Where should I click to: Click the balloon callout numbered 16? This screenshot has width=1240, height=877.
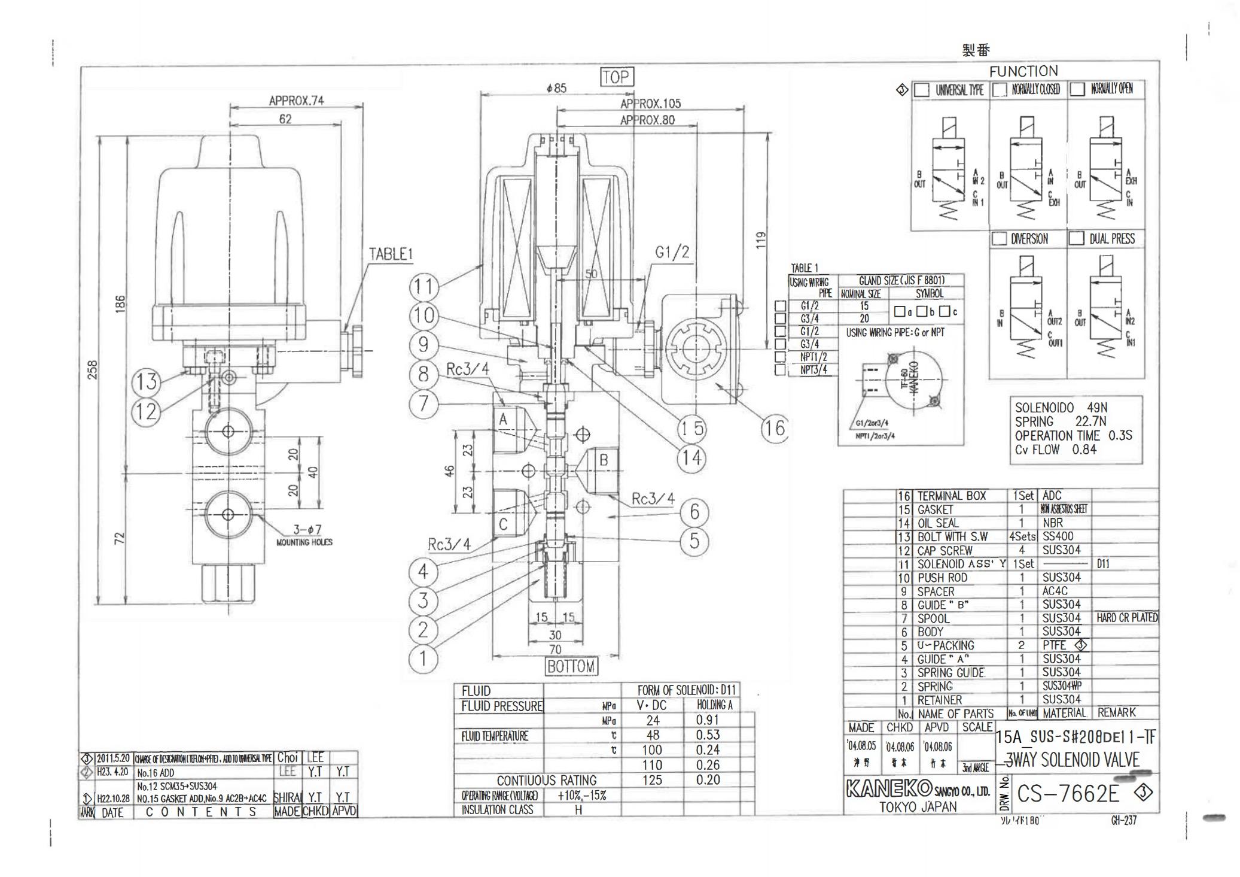point(774,428)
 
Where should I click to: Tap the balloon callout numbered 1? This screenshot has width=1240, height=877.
point(423,658)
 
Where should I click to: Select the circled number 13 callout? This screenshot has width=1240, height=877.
point(145,381)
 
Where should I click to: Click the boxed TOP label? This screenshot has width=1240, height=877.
point(616,77)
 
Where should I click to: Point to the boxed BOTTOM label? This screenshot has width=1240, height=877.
point(571,666)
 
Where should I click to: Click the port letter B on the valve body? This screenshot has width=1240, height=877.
point(604,460)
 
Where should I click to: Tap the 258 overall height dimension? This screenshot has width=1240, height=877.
point(92,369)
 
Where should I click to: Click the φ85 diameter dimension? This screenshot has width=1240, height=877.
point(556,89)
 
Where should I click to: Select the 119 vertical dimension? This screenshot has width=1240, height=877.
point(760,240)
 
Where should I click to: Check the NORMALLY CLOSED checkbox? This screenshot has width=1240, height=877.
point(1000,90)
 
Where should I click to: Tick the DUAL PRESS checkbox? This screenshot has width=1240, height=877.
point(1076,238)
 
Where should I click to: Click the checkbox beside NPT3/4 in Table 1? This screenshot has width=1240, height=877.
point(780,370)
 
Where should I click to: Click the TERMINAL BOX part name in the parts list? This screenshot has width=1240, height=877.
point(952,496)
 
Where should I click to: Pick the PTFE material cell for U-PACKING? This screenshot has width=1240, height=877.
point(1055,645)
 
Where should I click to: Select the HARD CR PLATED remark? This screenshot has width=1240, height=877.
point(1126,618)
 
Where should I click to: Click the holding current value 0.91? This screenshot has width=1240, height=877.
point(707,720)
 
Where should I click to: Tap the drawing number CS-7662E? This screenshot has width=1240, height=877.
point(1068,794)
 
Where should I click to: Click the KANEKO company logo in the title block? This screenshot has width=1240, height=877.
point(889,788)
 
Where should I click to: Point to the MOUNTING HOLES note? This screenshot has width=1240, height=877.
point(304,542)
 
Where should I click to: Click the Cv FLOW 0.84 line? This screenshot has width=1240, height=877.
point(1055,450)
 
